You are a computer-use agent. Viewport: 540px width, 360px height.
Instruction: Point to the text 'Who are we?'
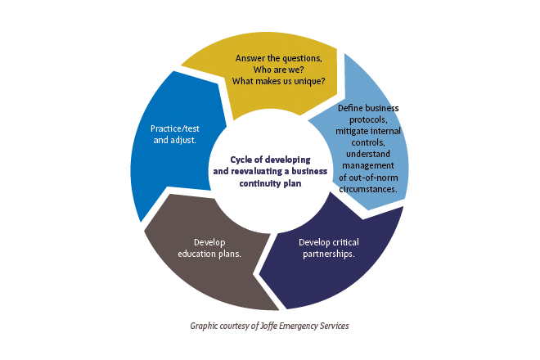click(x=278, y=70)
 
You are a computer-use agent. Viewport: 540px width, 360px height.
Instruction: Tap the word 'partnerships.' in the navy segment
click(x=329, y=254)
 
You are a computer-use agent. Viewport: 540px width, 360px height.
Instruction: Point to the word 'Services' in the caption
click(x=332, y=326)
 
